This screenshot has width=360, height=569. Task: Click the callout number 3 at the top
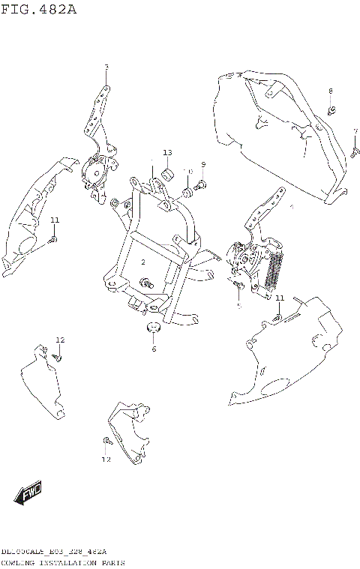coord(106,68)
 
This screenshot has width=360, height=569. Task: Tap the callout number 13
coord(167,153)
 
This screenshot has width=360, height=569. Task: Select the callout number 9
coord(202,164)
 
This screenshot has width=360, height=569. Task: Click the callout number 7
coord(355,131)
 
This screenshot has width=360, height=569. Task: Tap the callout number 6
coord(154,349)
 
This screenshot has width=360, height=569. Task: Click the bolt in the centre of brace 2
coord(148,283)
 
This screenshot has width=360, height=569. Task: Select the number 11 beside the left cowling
coord(55,220)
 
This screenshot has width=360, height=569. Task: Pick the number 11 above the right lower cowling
coord(279,298)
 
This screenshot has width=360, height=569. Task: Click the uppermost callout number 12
coord(61,340)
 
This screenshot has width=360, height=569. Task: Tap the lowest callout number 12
coord(106,459)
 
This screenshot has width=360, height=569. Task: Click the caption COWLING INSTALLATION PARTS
coord(63,562)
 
